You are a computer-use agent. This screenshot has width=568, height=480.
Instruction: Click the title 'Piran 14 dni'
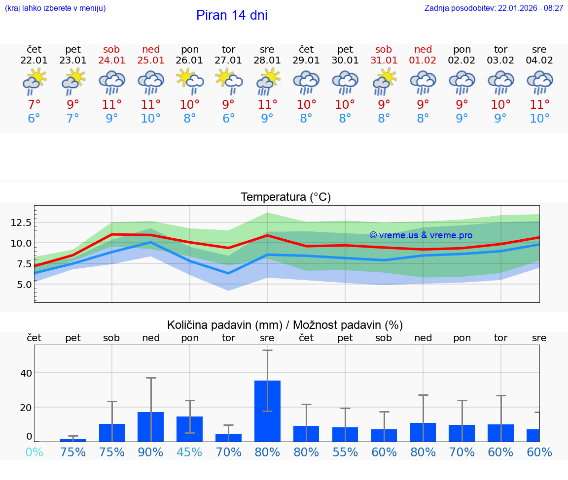(232, 15)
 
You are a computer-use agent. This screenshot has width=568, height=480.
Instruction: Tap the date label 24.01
(112, 61)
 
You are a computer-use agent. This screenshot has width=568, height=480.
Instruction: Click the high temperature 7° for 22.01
(34, 104)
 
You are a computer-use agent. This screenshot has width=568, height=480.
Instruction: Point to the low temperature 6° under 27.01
(229, 119)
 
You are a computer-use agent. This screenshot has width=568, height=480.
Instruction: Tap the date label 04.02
(539, 61)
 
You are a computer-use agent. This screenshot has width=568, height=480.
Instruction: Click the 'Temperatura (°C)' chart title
(285, 197)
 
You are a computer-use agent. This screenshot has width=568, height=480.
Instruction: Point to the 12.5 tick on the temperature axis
(21, 223)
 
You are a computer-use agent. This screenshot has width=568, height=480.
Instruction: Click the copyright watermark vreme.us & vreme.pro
(421, 235)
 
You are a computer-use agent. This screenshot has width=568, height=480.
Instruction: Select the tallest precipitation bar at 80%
(267, 411)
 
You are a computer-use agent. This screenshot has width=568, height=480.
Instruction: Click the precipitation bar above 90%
(151, 426)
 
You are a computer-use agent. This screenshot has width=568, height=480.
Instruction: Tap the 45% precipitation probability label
(190, 452)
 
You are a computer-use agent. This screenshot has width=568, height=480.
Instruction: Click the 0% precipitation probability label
(34, 452)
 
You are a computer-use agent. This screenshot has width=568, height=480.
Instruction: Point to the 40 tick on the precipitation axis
(26, 373)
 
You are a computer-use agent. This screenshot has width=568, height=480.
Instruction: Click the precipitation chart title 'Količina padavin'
(285, 325)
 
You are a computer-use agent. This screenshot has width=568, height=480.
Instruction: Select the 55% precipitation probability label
(345, 452)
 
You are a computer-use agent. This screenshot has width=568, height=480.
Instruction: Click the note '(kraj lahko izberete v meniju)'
(55, 8)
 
